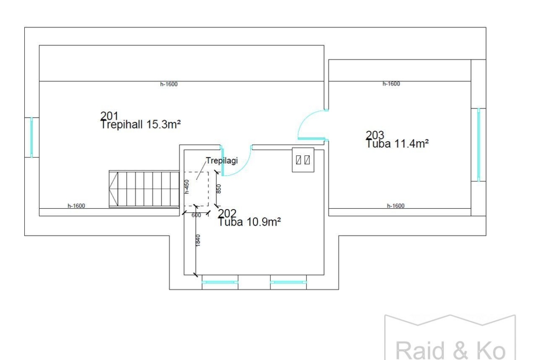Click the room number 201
(109, 116)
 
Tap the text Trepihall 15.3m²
(140, 124)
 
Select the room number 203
(375, 135)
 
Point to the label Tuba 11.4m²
(397, 144)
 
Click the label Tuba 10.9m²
(250, 222)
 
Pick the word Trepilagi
(222, 161)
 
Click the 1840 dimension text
(198, 240)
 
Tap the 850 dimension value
(219, 188)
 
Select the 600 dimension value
(196, 215)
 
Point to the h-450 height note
(187, 187)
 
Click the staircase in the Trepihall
(144, 189)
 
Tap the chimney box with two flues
(303, 160)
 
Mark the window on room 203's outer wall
(478, 145)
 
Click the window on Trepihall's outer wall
(32, 137)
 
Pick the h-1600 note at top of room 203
(391, 84)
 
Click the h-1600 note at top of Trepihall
(169, 84)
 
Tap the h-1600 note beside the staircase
(76, 205)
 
